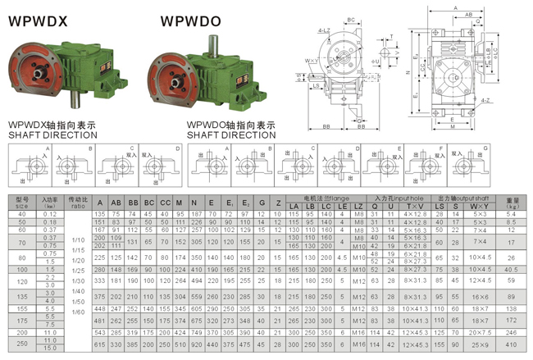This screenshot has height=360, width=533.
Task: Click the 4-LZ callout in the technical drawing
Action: [x=323, y=30]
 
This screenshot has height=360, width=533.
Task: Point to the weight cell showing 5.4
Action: [x=511, y=214]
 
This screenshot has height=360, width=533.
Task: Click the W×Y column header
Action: [x=479, y=205]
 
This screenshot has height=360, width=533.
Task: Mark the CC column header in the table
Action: [x=166, y=203]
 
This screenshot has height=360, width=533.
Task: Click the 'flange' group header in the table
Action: [x=325, y=198]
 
